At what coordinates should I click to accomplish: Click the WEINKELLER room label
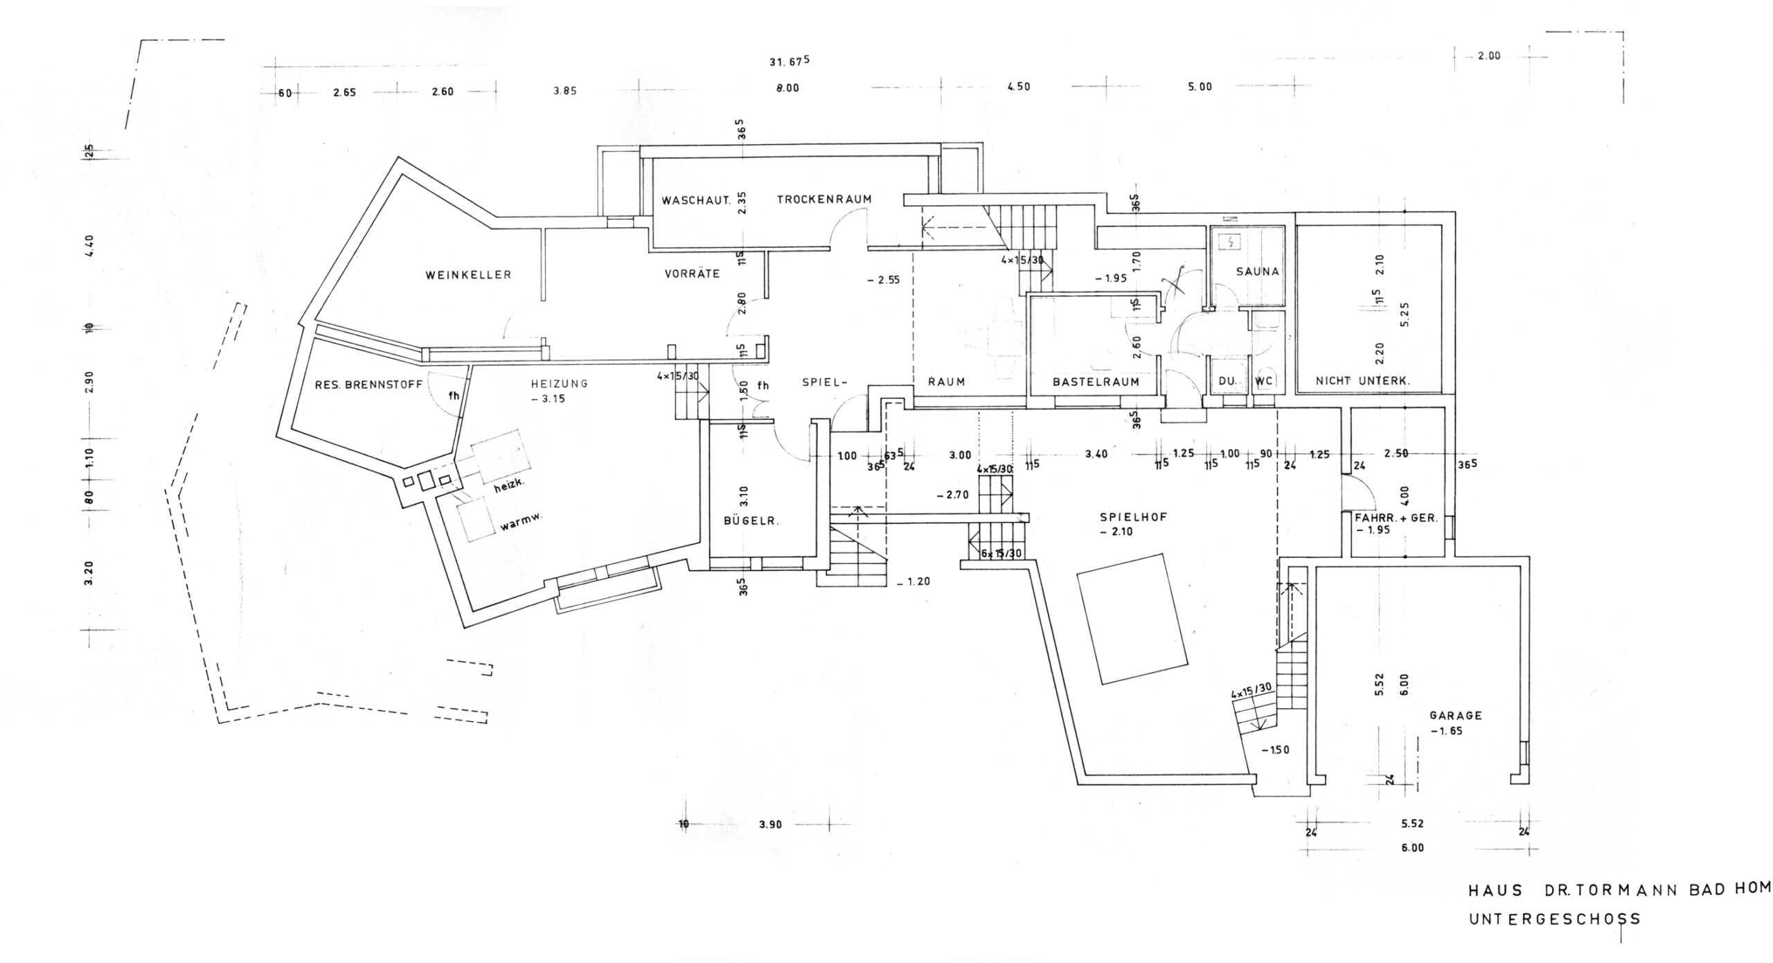coord(468,275)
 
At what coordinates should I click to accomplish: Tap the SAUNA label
coord(1257,272)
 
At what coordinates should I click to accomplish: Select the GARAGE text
coord(1456,716)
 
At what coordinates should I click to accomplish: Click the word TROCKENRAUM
coord(823,200)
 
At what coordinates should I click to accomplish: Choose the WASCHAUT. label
coord(696,201)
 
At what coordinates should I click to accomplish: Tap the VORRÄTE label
coord(692,274)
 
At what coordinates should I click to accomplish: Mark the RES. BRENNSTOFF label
coord(368,385)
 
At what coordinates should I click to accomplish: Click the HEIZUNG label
coord(559,383)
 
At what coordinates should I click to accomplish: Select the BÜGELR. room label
coord(751,522)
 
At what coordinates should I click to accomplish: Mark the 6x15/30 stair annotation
coord(1001,554)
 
